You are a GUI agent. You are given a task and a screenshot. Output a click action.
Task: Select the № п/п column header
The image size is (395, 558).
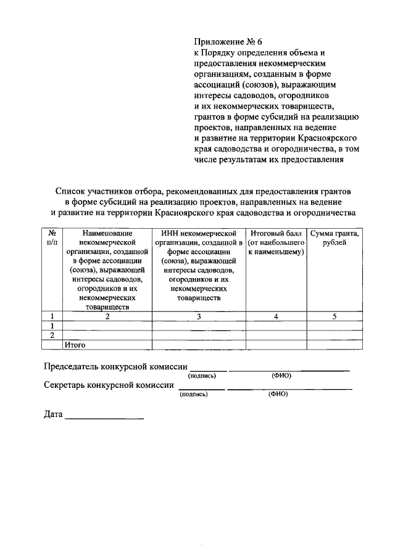52,238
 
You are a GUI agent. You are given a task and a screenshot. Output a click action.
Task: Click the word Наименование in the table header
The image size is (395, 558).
107,233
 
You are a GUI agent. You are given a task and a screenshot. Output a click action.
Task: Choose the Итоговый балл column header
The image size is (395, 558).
276,233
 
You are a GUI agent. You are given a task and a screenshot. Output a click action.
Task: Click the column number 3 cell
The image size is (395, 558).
198,316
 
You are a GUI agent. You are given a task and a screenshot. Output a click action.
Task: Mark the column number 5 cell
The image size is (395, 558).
334,316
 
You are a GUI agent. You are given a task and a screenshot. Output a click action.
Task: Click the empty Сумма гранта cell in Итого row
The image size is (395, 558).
334,345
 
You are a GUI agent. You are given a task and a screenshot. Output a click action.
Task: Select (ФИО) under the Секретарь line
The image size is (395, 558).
278,394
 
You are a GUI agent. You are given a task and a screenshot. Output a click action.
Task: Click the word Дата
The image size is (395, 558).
53,414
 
